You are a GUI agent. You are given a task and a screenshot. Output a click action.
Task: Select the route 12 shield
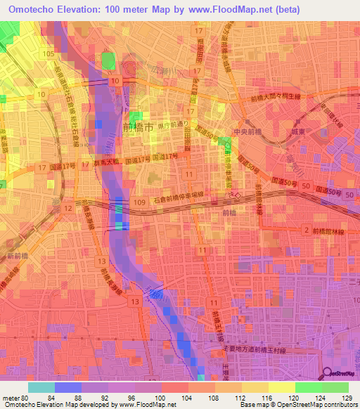67,209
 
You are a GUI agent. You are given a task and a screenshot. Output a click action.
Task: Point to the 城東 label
298,131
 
